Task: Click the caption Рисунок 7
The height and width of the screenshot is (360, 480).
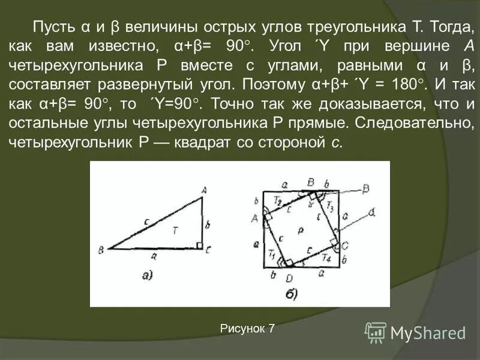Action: tap(247, 328)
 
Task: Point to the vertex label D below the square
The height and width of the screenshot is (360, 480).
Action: tap(289, 277)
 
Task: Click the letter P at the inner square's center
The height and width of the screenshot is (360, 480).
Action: tap(300, 230)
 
